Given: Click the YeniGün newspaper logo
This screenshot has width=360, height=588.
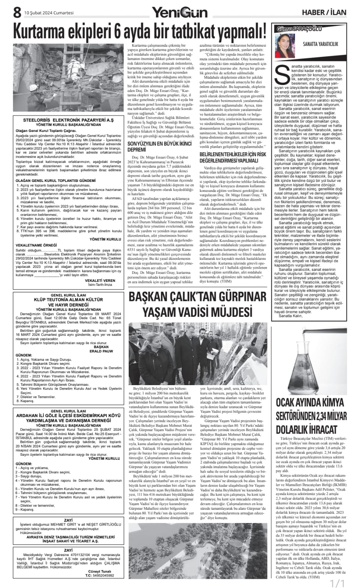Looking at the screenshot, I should click(x=180, y=13).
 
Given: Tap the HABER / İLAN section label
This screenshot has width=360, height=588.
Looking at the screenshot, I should click(x=324, y=12).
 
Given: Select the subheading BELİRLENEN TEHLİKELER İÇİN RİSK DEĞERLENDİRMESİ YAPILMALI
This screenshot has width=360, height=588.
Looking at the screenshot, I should click(x=233, y=157).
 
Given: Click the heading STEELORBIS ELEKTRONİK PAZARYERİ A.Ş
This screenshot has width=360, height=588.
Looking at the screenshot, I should click(x=68, y=120).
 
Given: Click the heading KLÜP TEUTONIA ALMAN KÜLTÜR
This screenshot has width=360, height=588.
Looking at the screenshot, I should click(x=68, y=300).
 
